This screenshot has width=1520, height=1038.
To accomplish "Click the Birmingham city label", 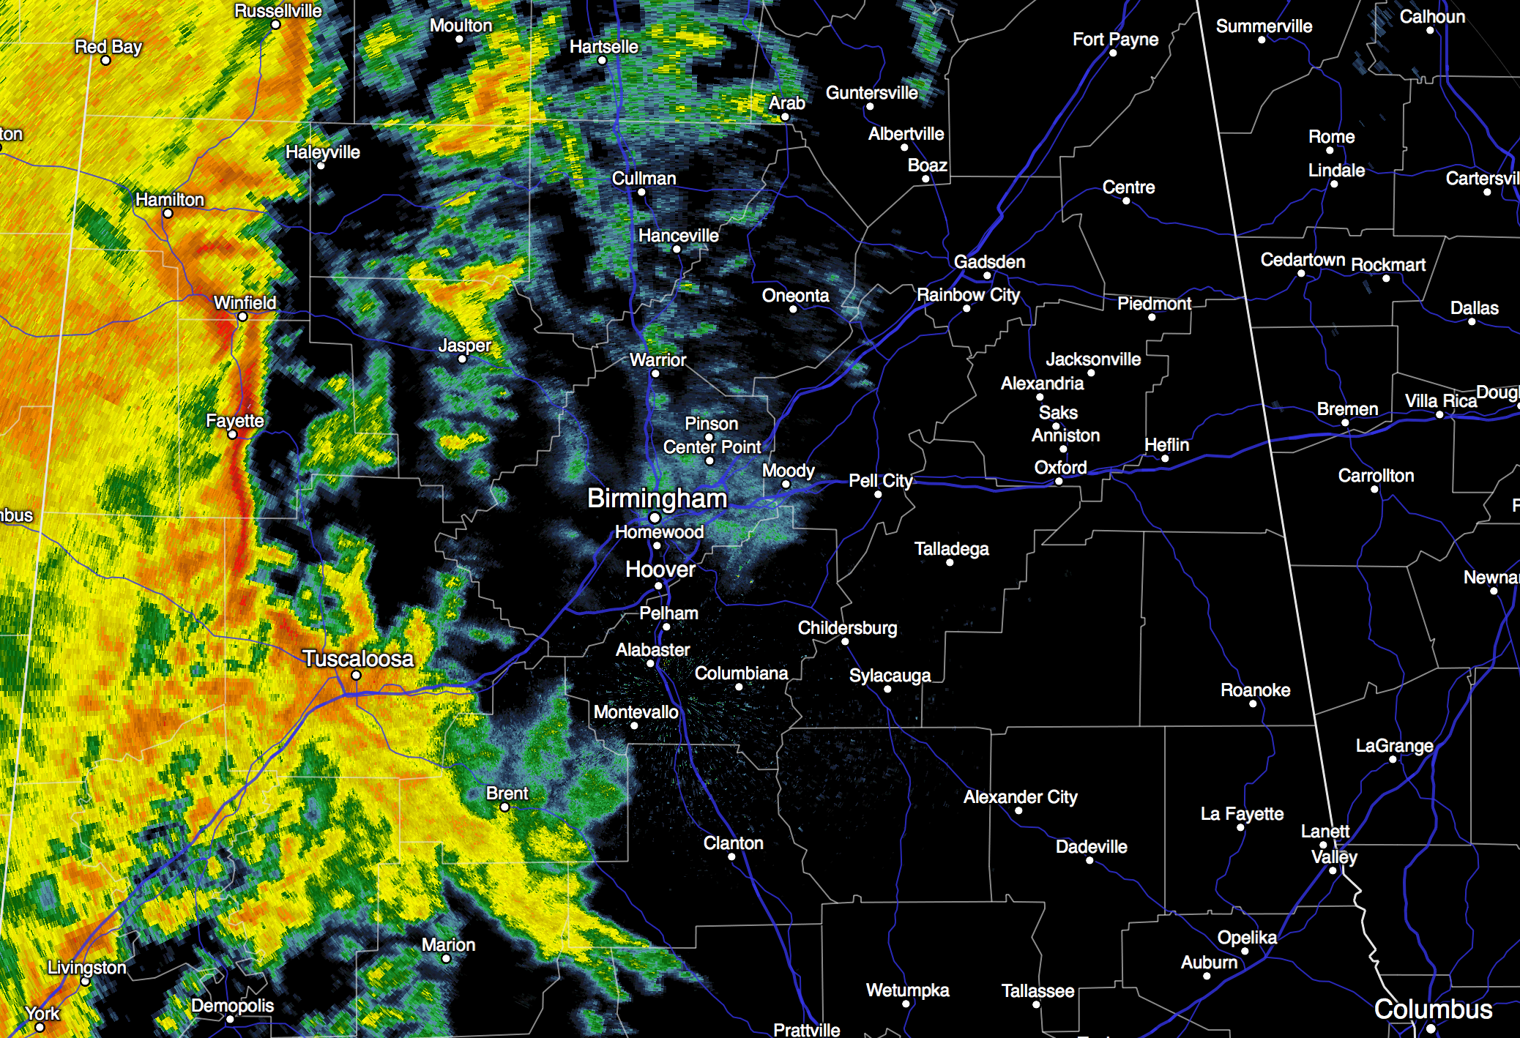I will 657,499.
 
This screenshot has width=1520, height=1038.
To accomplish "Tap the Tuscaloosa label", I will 358,659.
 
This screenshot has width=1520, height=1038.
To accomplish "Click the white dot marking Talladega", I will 950,562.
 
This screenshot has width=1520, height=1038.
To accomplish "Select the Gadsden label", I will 989,262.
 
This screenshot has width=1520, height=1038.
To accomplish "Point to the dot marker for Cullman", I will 641,193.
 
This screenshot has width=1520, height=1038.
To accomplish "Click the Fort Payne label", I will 1115,40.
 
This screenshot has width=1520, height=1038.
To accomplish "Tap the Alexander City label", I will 1020,797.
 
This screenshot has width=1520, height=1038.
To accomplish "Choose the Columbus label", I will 1433,1009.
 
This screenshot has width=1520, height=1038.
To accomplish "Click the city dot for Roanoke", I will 1253,704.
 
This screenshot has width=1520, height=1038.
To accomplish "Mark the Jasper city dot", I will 462,359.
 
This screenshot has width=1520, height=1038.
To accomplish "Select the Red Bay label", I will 108,47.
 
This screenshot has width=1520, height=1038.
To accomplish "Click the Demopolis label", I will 232,1006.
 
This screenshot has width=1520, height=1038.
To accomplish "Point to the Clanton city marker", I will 731,857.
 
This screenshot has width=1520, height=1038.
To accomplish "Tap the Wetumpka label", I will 907,990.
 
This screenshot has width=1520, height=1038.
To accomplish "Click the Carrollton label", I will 1376,476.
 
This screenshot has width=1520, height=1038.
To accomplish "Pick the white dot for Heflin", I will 1165,459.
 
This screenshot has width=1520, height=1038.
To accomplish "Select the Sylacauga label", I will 890,676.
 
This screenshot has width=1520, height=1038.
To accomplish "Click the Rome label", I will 1331,137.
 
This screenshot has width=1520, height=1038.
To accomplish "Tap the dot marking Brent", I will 504,807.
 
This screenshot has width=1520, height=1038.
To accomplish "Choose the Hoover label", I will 660,570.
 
